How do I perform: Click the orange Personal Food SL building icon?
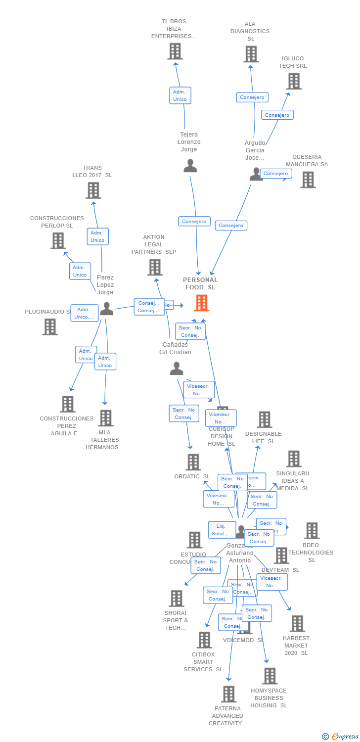[201, 303]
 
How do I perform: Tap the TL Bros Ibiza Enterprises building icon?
[175, 51]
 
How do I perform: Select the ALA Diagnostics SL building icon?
[251, 54]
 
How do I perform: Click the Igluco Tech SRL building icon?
[294, 81]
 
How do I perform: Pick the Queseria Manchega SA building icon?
[308, 180]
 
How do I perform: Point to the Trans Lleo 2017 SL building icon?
[93, 190]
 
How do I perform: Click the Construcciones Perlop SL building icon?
[58, 240]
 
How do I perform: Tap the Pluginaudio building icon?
[50, 326]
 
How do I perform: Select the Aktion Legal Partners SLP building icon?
[155, 267]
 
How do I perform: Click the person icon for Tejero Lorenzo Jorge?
[190, 166]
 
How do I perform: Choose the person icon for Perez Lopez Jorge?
[106, 309]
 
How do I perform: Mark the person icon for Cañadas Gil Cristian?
[176, 369]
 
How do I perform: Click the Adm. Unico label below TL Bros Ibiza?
[180, 95]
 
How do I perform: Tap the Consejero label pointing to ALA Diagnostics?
[252, 97]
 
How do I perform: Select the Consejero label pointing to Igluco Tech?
[277, 115]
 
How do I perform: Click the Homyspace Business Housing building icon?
[270, 676]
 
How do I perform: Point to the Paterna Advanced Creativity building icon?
[228, 694]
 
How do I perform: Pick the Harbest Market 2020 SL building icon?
[297, 623]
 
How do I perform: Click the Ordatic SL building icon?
[193, 462]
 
